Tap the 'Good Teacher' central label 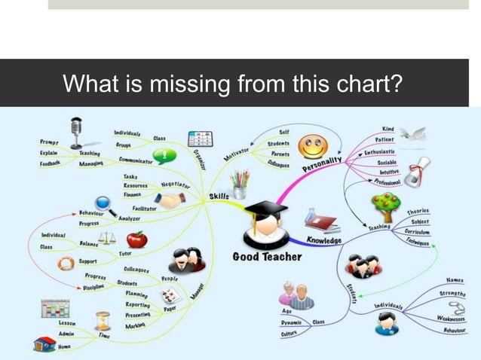coord(267,256)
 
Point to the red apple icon coord(136,239)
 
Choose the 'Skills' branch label coord(219,197)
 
